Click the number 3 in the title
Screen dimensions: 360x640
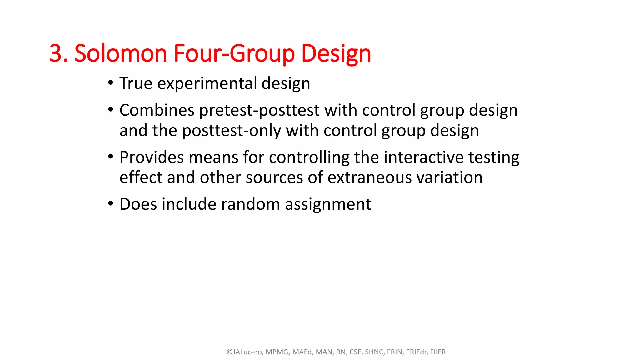[x=56, y=53]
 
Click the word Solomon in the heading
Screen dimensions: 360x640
[x=121, y=53]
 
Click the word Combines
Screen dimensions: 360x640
[x=157, y=110]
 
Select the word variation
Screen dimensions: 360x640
[x=450, y=177]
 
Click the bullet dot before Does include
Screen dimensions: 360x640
[x=111, y=204]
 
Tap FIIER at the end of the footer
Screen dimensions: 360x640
[x=437, y=352]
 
